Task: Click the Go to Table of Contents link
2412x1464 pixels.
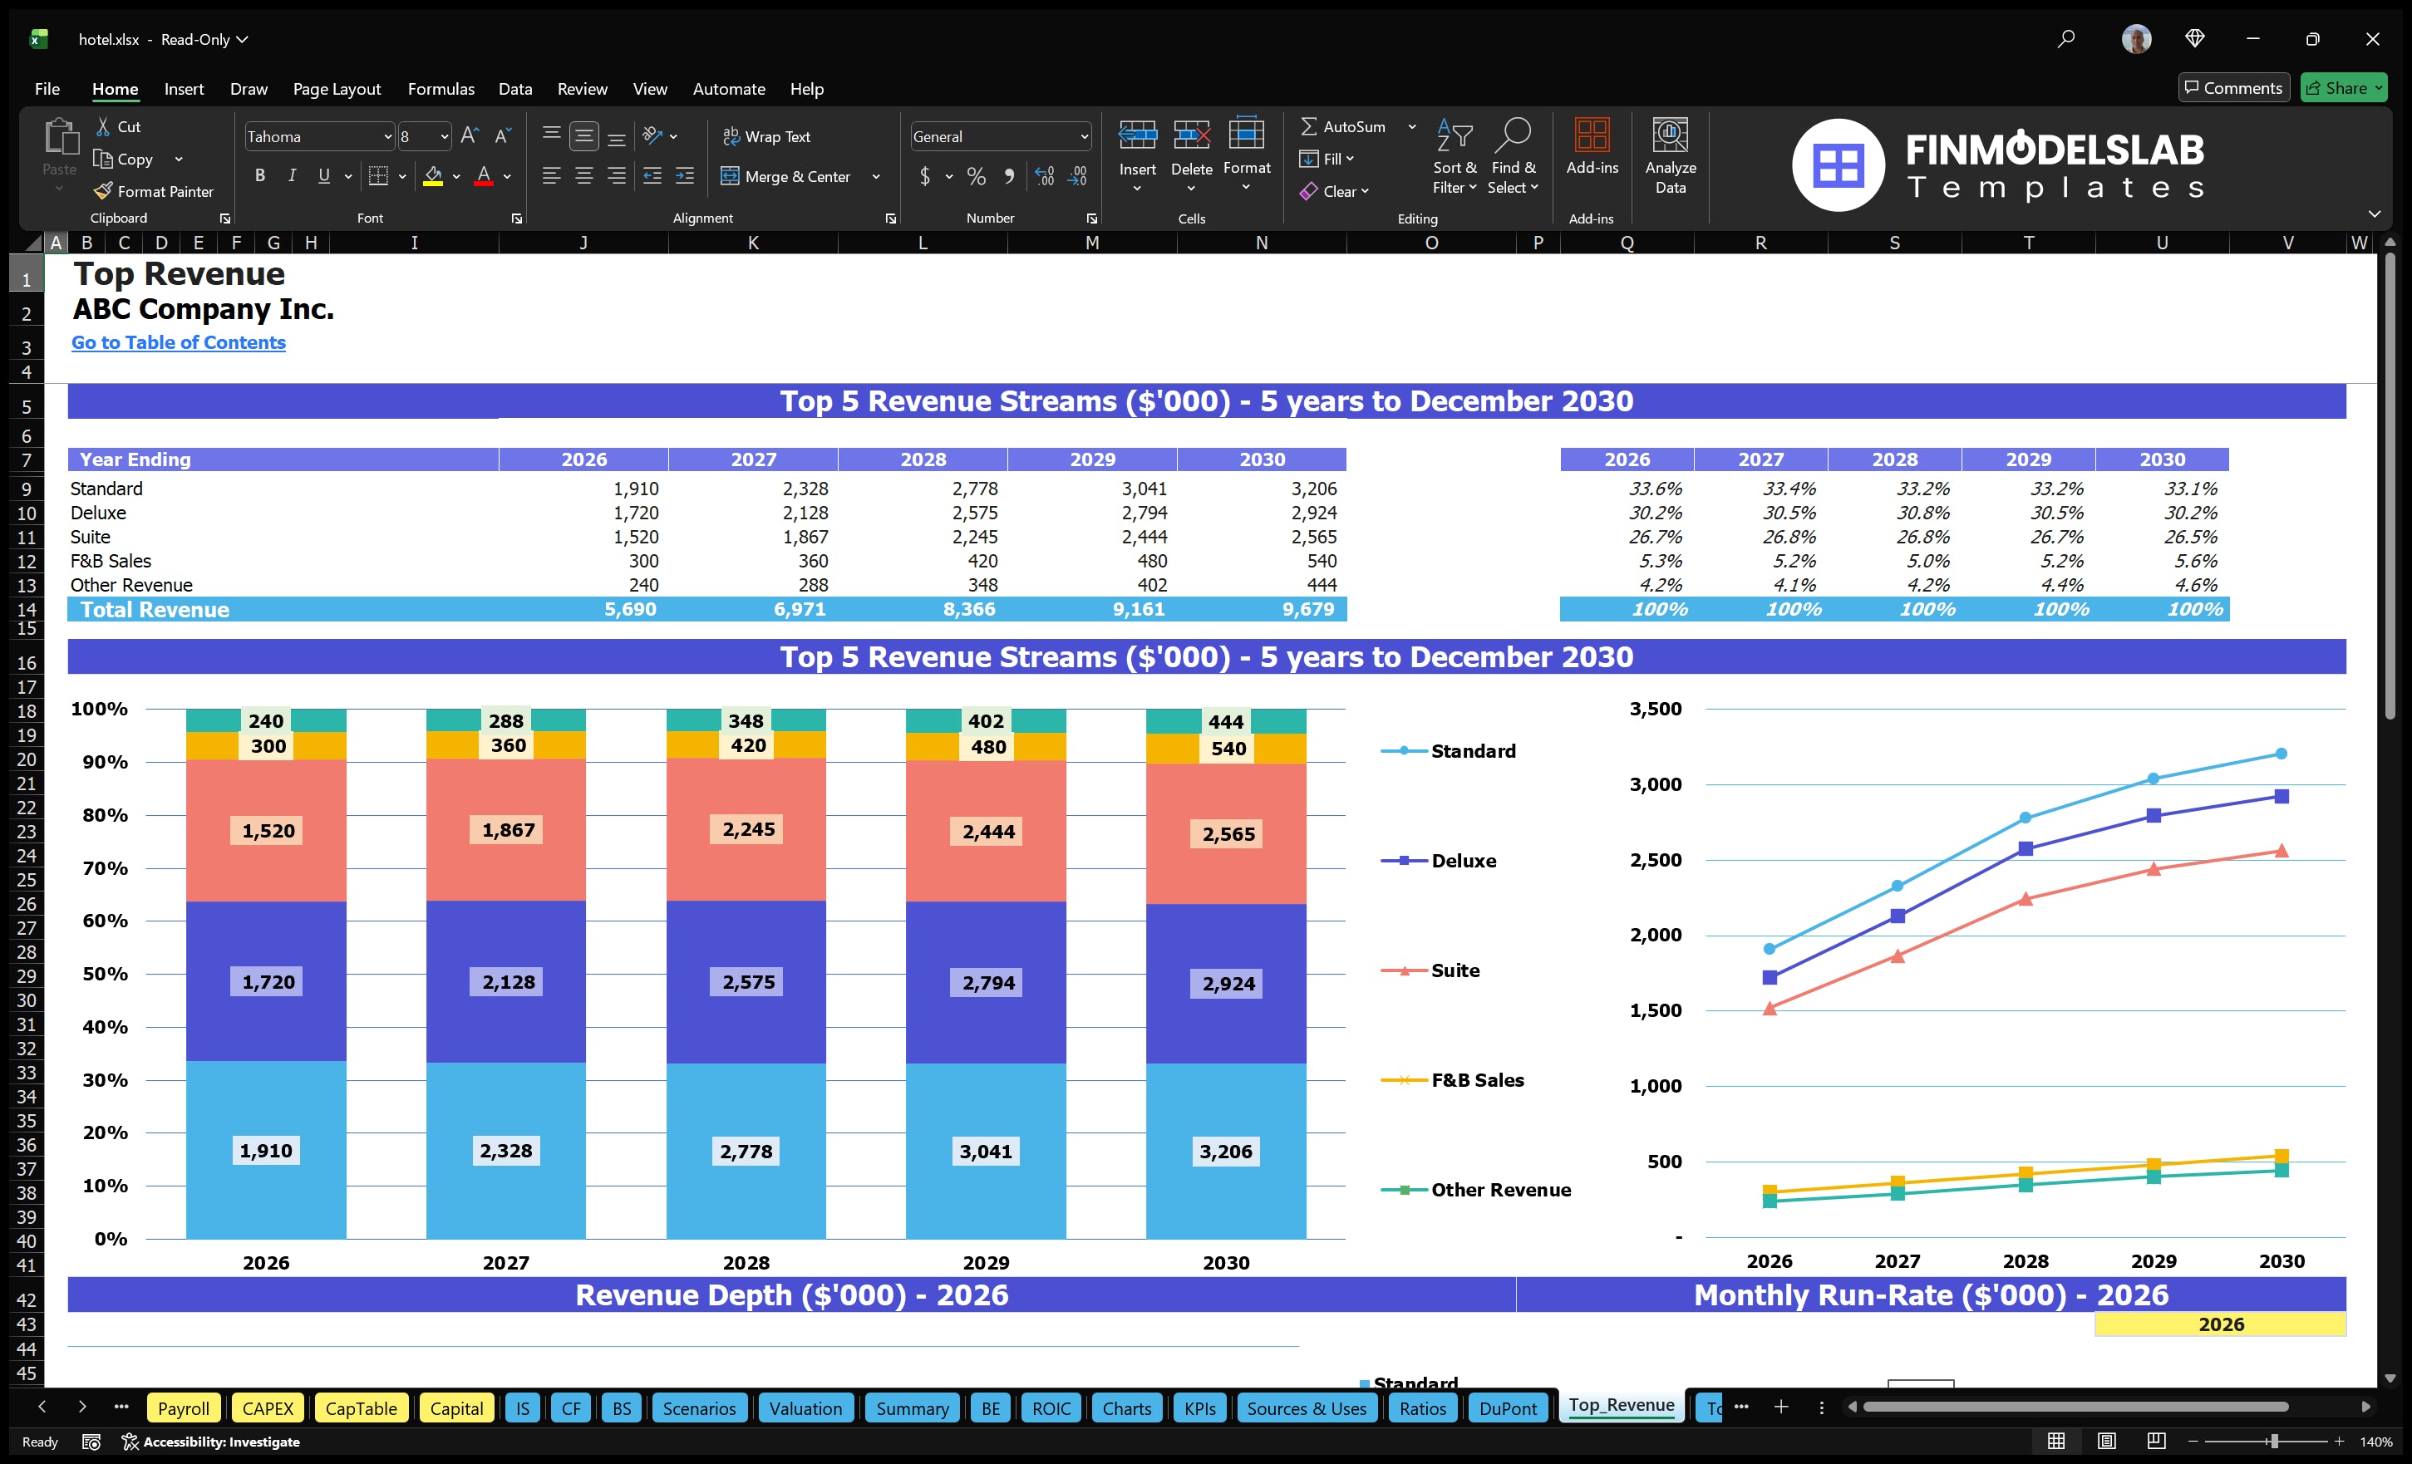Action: pyautogui.click(x=178, y=342)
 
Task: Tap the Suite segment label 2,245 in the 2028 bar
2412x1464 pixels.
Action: pyautogui.click(x=748, y=829)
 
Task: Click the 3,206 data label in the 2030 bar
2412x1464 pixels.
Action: pyautogui.click(x=1226, y=1151)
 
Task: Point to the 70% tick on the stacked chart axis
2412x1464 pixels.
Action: pyautogui.click(x=105, y=868)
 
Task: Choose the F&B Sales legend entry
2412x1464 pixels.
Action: pyautogui.click(x=1476, y=1079)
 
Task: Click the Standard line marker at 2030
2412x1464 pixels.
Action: pyautogui.click(x=2281, y=754)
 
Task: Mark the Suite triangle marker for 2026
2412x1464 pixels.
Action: pyautogui.click(x=1769, y=1008)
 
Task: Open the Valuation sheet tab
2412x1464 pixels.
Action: pyautogui.click(x=805, y=1408)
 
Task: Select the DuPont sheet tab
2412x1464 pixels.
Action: pyautogui.click(x=1508, y=1408)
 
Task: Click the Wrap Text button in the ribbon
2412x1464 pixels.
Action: pyautogui.click(x=766, y=137)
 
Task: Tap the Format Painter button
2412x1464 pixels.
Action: pyautogui.click(x=154, y=192)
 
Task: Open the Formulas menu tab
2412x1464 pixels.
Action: pyautogui.click(x=441, y=89)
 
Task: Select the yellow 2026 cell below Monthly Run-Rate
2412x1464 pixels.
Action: pyautogui.click(x=2219, y=1324)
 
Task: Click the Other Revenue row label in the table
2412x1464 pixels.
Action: pyautogui.click(x=131, y=585)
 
